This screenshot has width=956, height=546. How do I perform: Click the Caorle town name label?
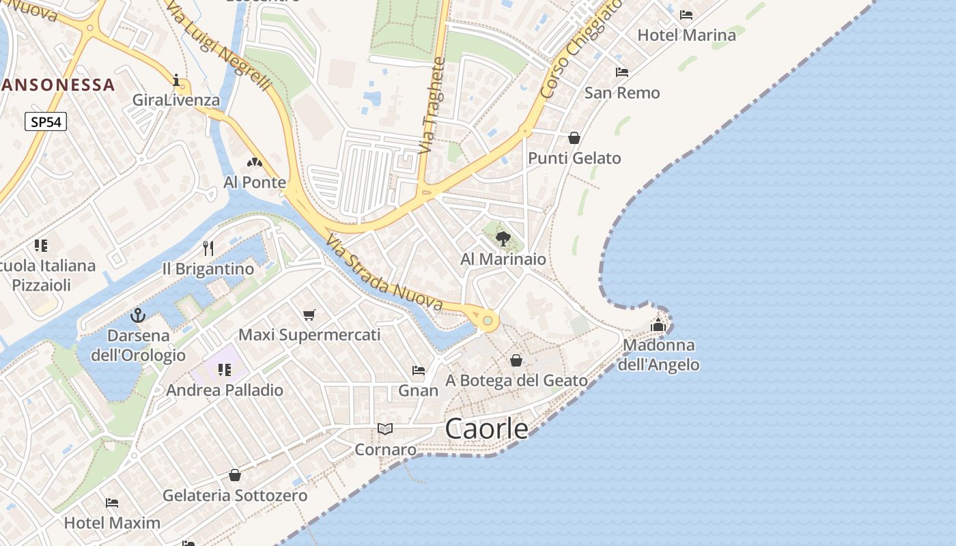[x=486, y=429]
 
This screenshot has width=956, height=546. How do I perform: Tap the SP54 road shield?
[x=46, y=122]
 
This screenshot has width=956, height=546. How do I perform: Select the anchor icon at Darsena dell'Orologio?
[x=138, y=315]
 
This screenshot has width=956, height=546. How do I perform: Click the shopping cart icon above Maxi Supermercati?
[x=309, y=315]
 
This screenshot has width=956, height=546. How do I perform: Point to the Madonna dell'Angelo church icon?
[x=658, y=325]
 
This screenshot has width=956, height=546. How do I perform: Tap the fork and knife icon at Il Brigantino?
[x=208, y=248]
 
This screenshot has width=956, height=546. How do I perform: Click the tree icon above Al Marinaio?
[x=503, y=238]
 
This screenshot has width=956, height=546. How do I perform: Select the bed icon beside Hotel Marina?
[x=686, y=14]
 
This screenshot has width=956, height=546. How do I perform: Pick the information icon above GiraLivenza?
[x=177, y=81]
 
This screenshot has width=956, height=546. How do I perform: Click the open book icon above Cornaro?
[x=385, y=429]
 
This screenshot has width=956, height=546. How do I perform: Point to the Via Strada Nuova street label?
[x=384, y=274]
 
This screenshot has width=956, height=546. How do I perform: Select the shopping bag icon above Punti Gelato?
[x=574, y=138]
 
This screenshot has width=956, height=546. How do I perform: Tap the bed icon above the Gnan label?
[x=419, y=371]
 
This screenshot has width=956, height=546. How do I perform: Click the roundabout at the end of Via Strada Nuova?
[x=487, y=320]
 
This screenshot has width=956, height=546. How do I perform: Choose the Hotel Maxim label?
[x=112, y=523]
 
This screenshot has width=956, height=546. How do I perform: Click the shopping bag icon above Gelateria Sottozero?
[x=235, y=475]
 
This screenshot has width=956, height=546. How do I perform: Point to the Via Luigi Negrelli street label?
[x=219, y=46]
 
